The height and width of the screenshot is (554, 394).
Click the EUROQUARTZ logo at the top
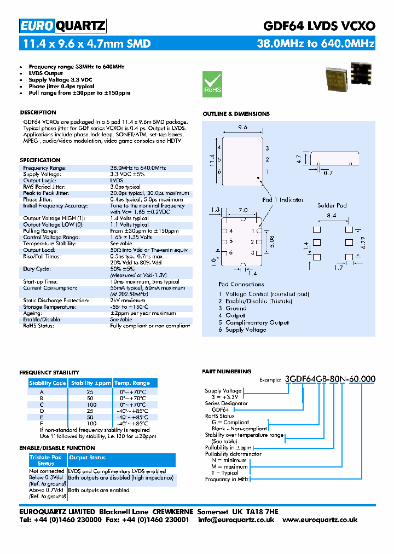pos(62,26)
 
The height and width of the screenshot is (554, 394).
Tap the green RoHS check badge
pos(212,84)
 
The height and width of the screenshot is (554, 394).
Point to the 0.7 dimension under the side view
pos(328,173)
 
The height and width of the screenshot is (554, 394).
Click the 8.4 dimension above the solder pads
pos(332,216)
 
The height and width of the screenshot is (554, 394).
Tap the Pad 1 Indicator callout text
pos(282,200)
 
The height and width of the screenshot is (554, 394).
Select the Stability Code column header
pos(48,383)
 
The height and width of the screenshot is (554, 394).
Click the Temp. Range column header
pos(132,383)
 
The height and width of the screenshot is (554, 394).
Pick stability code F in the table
pos(42,424)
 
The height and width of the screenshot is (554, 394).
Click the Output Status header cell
pos(88,457)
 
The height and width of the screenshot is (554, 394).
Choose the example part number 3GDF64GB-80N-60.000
pos(330,379)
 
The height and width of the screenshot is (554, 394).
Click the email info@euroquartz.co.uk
pos(236,520)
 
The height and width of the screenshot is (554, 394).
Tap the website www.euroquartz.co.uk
pos(320,520)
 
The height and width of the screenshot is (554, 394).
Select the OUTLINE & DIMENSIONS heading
pos(236,114)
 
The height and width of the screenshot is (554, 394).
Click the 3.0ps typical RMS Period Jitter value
pos(125,187)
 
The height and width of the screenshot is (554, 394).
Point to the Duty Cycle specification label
pos(37,269)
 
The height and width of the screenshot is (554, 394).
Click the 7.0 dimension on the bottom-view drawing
pos(244,210)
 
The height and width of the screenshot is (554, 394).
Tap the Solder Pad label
pos(332,205)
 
